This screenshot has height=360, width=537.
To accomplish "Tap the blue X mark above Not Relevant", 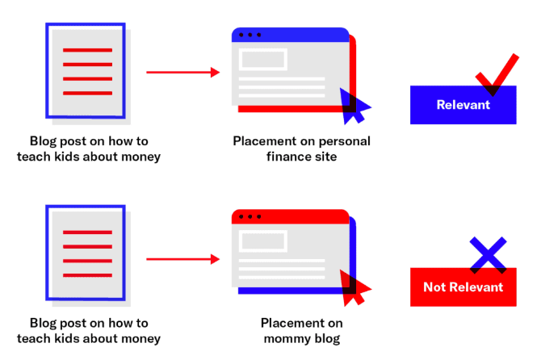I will (x=489, y=254).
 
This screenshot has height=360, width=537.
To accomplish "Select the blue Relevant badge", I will (x=463, y=106).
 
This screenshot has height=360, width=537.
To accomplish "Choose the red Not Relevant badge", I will (x=463, y=287).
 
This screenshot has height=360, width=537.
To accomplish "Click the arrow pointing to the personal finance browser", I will (x=182, y=73).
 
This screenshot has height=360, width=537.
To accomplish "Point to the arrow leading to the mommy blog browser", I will (x=182, y=260).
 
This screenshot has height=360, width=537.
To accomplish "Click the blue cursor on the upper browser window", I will (x=354, y=104).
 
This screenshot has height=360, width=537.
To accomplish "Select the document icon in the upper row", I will (x=86, y=71).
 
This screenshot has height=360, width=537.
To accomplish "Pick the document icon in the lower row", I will (x=86, y=253).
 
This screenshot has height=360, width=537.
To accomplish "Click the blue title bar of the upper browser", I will (x=291, y=35).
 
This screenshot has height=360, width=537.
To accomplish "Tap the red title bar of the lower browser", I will (x=291, y=216).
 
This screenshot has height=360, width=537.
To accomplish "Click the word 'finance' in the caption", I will (x=286, y=157).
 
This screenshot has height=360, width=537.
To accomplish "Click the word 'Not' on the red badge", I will (x=435, y=287).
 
